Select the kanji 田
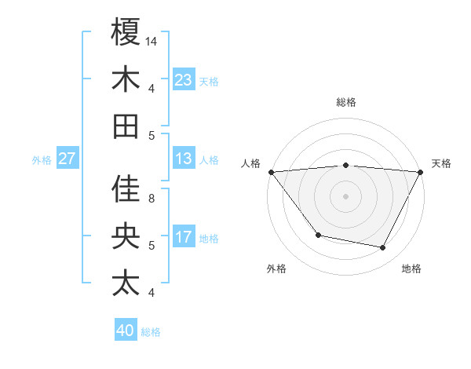coord(126,126)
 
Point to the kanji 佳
coord(126,188)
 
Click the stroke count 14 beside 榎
coord(152,41)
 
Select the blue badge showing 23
coord(184,80)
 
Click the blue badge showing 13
coord(184,159)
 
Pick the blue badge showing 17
coord(184,237)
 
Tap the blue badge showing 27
coord(67,159)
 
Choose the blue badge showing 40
coord(126,331)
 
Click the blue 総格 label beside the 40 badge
coord(151,332)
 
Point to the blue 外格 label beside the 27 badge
coord(42,160)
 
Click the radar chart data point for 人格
coord(271,172)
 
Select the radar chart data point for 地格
coord(383,247)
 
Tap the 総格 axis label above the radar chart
coord(346,103)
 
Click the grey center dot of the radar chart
coord(346,195)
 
